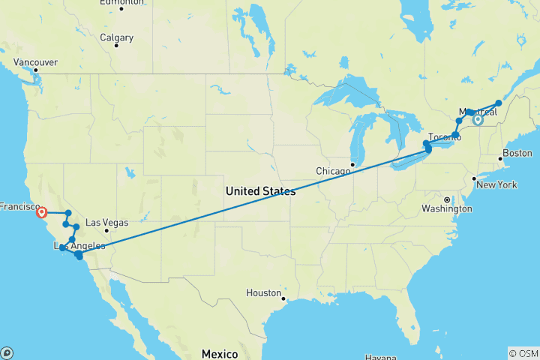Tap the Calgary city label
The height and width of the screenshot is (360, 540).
pos(116,37)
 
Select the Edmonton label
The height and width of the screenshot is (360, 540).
pos(121,3)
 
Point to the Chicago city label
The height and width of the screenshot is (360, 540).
pos(333,171)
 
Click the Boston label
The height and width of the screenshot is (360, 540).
pos(517,153)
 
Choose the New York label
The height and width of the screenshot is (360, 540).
pos(497,184)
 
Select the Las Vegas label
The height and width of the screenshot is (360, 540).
pos(107,222)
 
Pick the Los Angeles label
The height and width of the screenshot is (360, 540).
pos(73,246)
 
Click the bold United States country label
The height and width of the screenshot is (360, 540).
pos(260,191)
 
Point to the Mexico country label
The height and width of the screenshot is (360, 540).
pos(219,353)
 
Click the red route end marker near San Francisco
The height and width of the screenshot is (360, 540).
pos(41,213)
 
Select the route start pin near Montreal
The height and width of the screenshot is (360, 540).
pos(478,118)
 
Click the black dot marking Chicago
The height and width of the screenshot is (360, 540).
pos(353,165)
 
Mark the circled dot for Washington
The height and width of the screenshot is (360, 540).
pos(446,199)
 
